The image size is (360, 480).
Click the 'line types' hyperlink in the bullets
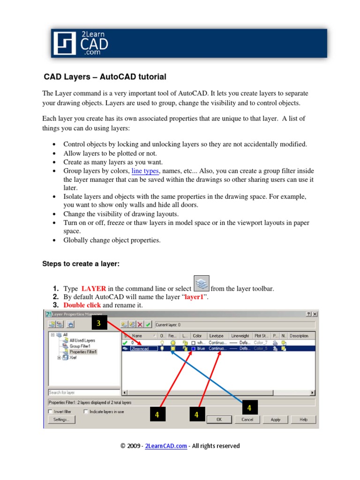point(145,171)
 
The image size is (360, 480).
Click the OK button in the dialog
point(219,420)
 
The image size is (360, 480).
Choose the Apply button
point(276,420)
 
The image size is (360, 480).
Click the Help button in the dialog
point(303,420)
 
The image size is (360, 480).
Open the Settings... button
point(61,420)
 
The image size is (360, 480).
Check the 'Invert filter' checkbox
point(51,412)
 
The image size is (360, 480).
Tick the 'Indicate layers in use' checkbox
point(86,412)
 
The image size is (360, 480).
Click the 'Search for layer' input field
point(83,392)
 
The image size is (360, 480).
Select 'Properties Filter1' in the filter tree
point(83,352)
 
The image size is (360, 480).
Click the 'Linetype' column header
point(217,336)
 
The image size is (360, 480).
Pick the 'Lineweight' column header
point(240,336)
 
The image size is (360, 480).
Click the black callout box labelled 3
point(98,323)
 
